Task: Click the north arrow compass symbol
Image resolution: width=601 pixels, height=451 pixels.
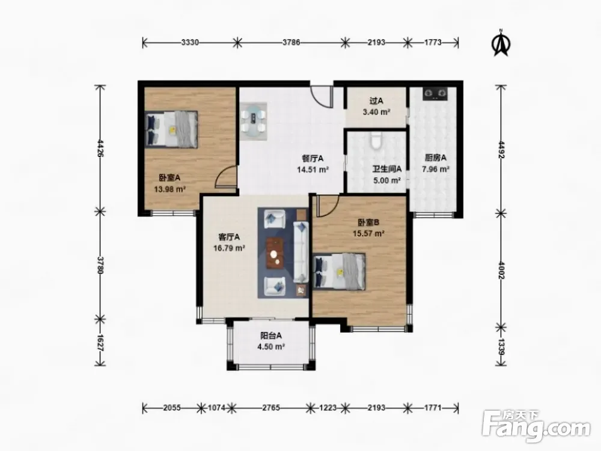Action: pos(501,43)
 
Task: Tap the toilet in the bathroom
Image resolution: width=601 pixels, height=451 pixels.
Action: pos(376,141)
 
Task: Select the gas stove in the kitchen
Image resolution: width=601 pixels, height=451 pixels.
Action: pos(435,94)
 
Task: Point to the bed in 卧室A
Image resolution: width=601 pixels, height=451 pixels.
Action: pos(172,129)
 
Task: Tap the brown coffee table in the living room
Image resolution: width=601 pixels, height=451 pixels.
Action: pos(275,253)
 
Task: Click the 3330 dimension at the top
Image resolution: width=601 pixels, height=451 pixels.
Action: pos(190,43)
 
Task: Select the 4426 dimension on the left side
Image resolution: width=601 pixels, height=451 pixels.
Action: pos(100,148)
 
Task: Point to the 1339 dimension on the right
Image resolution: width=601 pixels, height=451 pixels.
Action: pos(501,346)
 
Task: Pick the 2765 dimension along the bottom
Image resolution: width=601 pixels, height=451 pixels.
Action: pos(271,408)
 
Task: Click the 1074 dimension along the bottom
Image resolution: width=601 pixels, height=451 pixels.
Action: pos(216,408)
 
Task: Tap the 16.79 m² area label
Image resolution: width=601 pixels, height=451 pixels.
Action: pos(229,248)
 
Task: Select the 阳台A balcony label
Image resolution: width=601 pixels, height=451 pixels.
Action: pos(271,336)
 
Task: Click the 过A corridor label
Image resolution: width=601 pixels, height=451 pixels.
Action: pos(376,101)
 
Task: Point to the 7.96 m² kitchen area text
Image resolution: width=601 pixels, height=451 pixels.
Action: pos(435,169)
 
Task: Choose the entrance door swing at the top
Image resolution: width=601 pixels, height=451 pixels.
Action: pos(320,97)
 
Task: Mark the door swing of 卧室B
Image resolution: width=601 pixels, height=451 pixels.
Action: pos(326,206)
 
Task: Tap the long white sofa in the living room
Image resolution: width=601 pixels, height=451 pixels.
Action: pos(301,251)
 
